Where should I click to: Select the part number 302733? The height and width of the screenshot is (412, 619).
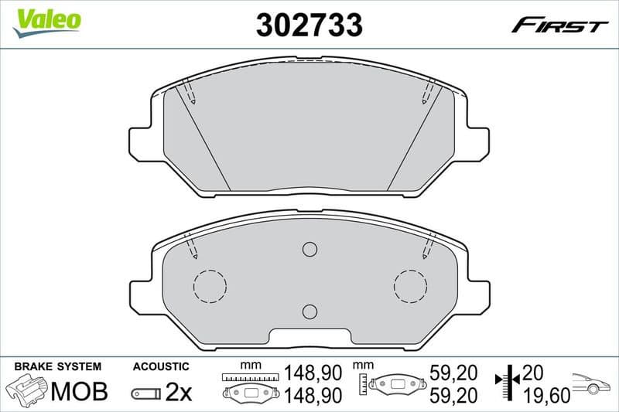point(309,25)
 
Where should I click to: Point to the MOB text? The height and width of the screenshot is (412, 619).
point(79,393)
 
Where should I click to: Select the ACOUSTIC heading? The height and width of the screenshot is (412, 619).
point(161,366)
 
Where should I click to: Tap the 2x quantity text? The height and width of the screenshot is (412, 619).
point(179,393)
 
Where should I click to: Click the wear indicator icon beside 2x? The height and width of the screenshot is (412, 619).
point(145,393)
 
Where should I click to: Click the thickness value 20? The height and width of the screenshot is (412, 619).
point(532,373)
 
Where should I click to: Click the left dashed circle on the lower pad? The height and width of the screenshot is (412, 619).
point(209,286)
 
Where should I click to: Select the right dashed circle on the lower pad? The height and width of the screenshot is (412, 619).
point(410,286)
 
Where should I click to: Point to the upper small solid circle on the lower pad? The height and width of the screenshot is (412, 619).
point(309,249)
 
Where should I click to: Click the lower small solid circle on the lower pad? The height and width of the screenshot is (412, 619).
point(309,312)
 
